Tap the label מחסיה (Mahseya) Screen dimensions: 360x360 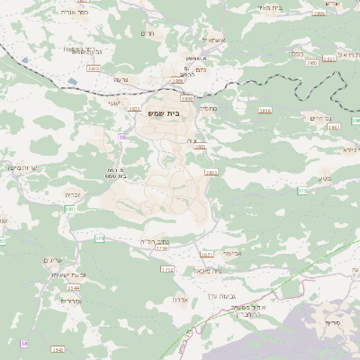pyautogui.click(x=207, y=108)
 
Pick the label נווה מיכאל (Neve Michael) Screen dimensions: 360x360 pyautogui.click(x=208, y=269)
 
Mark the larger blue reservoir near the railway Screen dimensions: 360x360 pyautogui.click(x=23, y=60)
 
